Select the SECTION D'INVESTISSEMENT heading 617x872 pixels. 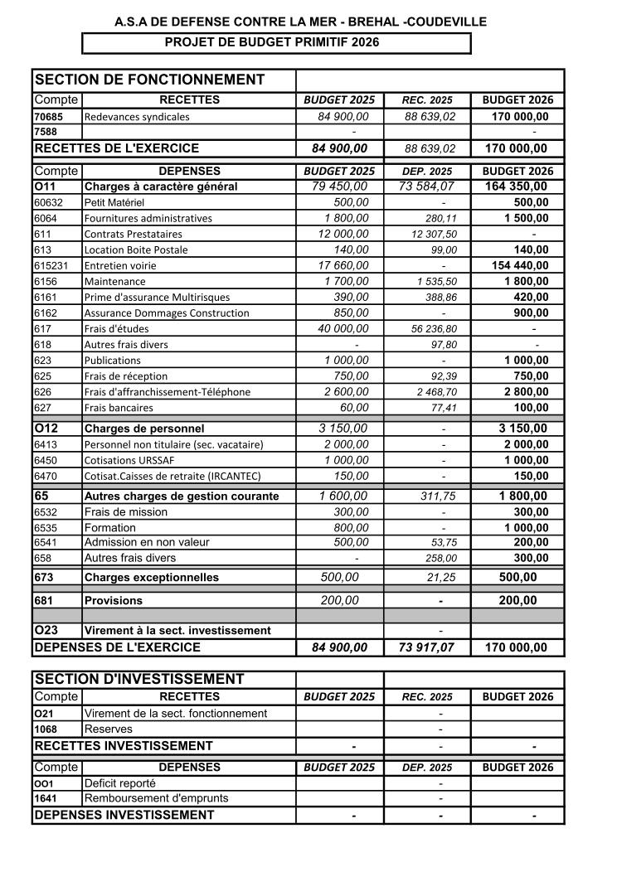point(139,679)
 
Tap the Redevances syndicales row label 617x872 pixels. point(137,117)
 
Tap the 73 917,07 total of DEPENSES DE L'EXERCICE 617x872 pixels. point(426,647)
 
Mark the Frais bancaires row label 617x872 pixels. point(118,408)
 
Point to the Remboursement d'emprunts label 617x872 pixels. point(156,798)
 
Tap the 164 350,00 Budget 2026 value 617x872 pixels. point(516,187)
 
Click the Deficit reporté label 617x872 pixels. point(120,783)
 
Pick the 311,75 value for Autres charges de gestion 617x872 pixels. point(439,497)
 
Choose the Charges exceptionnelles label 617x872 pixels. point(152,577)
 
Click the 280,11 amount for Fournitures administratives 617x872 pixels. point(439,219)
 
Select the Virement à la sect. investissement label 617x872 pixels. point(177,631)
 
